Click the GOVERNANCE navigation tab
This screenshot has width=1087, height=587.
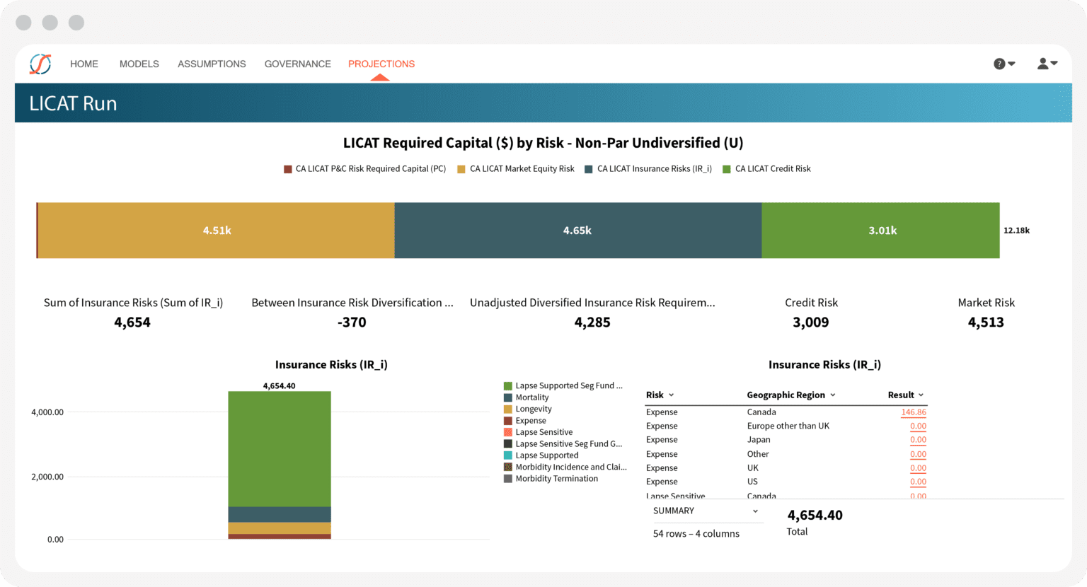click(x=297, y=64)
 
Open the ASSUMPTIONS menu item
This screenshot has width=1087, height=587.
click(x=212, y=64)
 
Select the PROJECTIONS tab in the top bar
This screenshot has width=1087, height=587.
click(x=381, y=64)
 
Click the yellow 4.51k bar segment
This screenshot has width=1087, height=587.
click(x=217, y=231)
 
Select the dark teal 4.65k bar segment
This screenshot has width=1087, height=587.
click(x=577, y=231)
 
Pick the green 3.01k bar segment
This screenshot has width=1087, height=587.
click(x=882, y=231)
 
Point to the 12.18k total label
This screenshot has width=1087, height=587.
click(x=1016, y=231)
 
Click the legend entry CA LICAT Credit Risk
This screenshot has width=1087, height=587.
click(x=772, y=169)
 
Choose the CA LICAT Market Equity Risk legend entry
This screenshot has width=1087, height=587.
click(x=522, y=169)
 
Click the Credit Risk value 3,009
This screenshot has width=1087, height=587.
click(x=811, y=322)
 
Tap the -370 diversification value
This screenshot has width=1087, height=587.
click(x=352, y=322)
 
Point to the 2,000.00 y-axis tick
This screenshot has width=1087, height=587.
click(x=47, y=477)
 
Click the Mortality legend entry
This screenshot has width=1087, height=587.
click(x=531, y=397)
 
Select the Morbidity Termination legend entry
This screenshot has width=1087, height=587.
click(x=556, y=479)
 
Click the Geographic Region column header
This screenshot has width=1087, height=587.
click(x=786, y=395)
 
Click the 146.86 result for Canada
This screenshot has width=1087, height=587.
click(x=913, y=412)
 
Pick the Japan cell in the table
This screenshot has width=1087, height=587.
click(x=759, y=440)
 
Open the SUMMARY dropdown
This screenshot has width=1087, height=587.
click(x=705, y=511)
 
